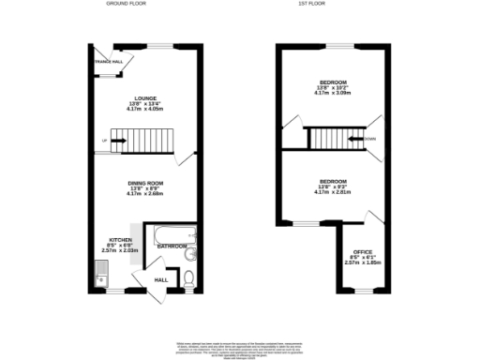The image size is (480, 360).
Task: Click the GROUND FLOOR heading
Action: (x=124, y=5)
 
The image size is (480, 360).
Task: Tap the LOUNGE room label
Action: (x=144, y=98)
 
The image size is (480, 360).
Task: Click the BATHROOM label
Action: (x=172, y=246)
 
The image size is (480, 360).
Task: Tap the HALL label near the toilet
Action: (x=160, y=280)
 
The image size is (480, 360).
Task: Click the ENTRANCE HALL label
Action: (x=103, y=62)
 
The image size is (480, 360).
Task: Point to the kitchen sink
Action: (x=99, y=276)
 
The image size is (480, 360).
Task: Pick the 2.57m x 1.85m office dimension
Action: (x=361, y=262)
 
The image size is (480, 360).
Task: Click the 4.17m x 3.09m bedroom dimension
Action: (x=333, y=94)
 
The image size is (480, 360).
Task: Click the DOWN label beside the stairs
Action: (x=371, y=141)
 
